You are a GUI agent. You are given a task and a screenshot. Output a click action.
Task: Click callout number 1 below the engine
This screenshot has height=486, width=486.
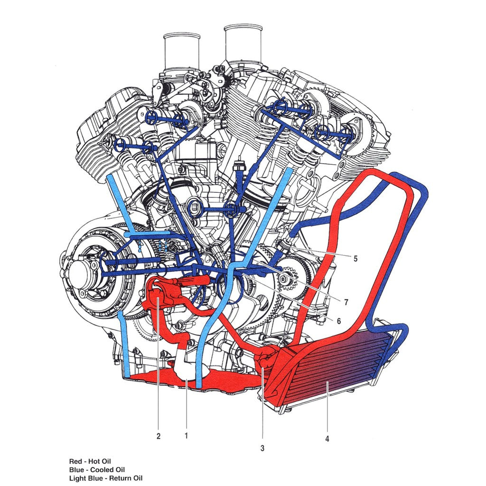point(186,435)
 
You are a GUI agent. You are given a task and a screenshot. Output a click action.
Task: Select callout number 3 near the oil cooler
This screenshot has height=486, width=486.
point(262,448)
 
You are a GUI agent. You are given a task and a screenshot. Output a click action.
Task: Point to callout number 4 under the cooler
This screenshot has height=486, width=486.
point(327,439)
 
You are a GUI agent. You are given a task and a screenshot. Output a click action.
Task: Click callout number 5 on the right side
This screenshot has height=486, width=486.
point(355,259)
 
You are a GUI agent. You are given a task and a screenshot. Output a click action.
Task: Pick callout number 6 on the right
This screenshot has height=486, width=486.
point(338,320)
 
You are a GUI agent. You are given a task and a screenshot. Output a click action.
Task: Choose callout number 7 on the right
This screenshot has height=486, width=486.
point(346,301)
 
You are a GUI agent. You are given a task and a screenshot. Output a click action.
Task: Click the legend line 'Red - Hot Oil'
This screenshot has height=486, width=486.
point(90,461)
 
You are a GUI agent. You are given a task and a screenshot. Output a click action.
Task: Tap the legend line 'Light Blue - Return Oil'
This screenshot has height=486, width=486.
point(106,478)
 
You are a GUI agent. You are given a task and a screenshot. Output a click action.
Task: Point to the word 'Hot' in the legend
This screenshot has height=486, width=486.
point(95,461)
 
